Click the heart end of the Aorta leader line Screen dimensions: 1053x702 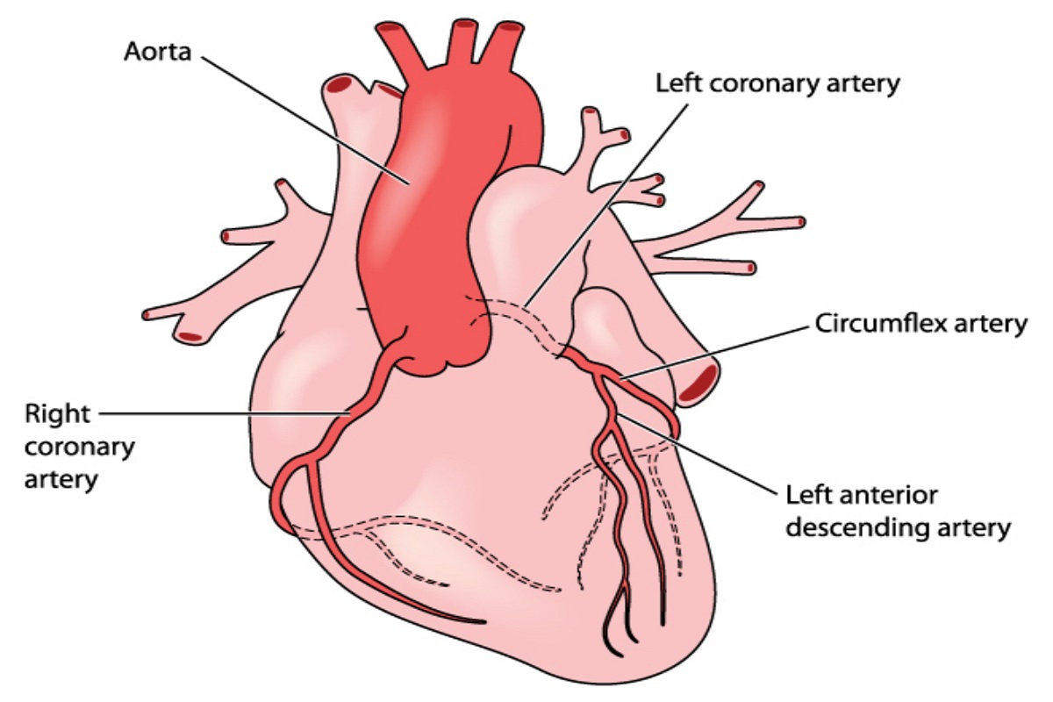(409, 183)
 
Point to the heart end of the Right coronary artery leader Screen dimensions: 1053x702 (350, 414)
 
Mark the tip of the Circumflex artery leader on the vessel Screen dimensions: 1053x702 (621, 377)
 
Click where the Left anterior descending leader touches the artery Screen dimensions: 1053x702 (617, 415)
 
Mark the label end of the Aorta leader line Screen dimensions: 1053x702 (203, 58)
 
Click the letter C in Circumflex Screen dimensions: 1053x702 (823, 324)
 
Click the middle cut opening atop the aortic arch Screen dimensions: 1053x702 (463, 24)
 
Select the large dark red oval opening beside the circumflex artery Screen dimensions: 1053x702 (698, 383)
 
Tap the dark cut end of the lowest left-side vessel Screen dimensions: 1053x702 (190, 337)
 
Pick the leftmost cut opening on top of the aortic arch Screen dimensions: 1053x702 (390, 27)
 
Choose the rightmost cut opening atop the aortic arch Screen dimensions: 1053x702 (511, 26)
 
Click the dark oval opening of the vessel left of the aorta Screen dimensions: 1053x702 (340, 85)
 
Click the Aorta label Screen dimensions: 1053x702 (157, 52)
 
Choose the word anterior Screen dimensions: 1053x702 (885, 495)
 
